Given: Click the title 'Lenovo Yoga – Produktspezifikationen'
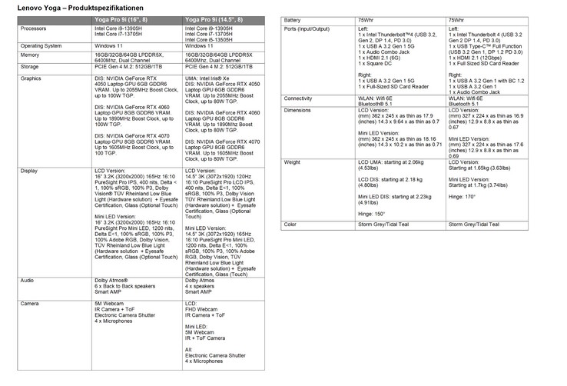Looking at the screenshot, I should tap(61, 7).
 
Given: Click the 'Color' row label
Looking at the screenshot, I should tap(290, 225).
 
